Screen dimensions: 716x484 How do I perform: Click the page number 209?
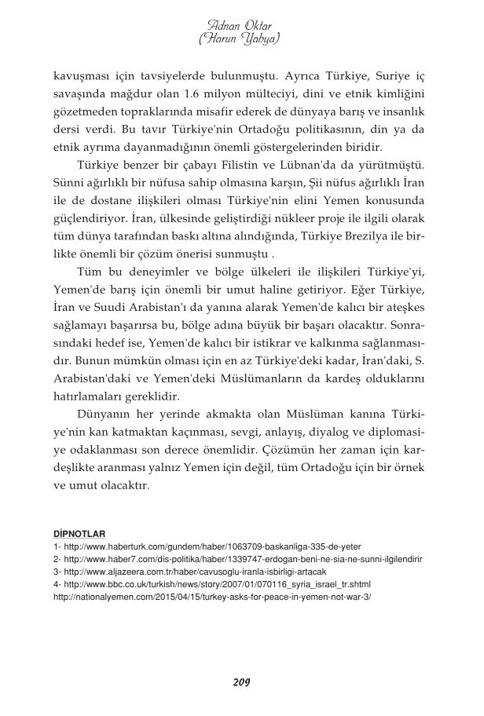pos(241,681)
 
